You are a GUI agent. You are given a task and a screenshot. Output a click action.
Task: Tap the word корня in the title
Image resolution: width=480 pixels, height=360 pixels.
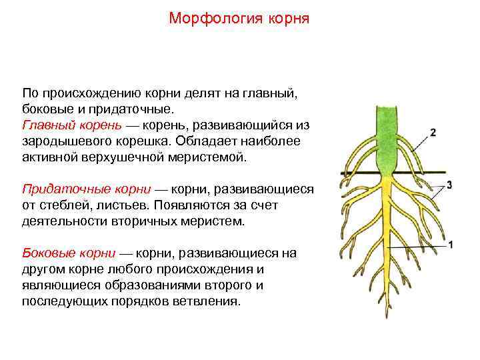coord(288,17)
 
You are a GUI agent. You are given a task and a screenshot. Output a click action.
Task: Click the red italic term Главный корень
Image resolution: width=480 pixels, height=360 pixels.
coord(72,125)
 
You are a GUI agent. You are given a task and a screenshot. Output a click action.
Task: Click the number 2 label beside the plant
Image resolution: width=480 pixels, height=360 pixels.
coord(433,132)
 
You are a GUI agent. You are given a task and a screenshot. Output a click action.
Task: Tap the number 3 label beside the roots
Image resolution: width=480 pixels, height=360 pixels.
coord(450,185)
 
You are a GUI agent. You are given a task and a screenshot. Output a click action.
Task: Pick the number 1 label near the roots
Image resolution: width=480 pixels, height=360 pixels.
coord(451,245)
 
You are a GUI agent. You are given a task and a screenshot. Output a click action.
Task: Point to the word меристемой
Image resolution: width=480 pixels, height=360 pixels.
coord(213,157)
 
